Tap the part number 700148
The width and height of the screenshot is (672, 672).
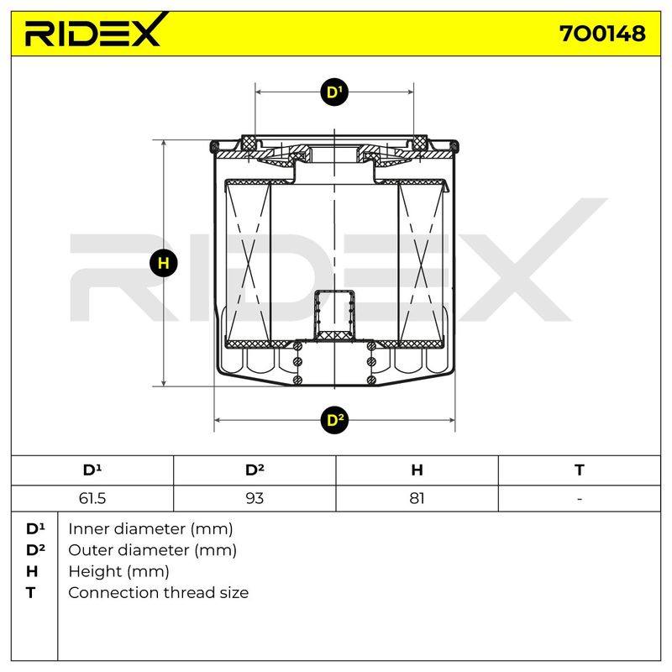coord(601,34)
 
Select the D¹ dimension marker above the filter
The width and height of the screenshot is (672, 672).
coord(334,92)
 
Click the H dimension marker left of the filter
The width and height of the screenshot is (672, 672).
coord(163,263)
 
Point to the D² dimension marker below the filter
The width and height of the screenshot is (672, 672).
coord(334,420)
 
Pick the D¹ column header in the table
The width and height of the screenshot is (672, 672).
coord(92,470)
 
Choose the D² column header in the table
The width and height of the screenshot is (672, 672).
coord(255,470)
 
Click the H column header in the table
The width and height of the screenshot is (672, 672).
coord(417,470)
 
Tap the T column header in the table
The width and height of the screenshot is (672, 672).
coord(580,470)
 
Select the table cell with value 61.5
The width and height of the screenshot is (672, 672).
coord(92,498)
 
